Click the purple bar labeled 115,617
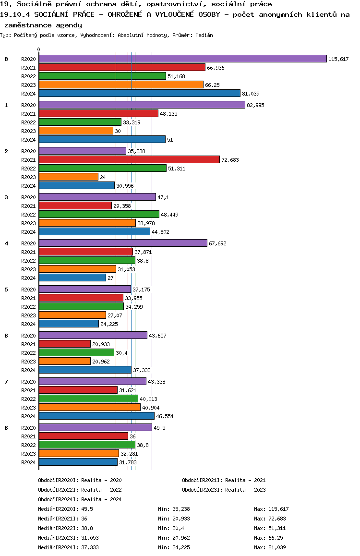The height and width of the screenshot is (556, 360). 182,59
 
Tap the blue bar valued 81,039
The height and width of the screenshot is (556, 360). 139,93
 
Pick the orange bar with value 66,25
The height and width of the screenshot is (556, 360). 121,85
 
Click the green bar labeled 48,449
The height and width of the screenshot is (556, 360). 99,214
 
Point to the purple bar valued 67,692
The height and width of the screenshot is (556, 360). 123,243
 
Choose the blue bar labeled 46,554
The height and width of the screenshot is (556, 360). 96,416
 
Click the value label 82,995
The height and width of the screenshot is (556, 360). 256,105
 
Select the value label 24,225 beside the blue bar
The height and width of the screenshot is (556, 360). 108,324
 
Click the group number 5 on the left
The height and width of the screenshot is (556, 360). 6,290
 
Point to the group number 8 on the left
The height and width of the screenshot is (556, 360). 6,428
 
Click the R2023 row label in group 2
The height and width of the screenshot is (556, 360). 29,177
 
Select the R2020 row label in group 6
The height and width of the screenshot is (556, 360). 29,336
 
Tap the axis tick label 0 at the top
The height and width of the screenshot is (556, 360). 39,49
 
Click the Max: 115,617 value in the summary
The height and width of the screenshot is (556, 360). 271,509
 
